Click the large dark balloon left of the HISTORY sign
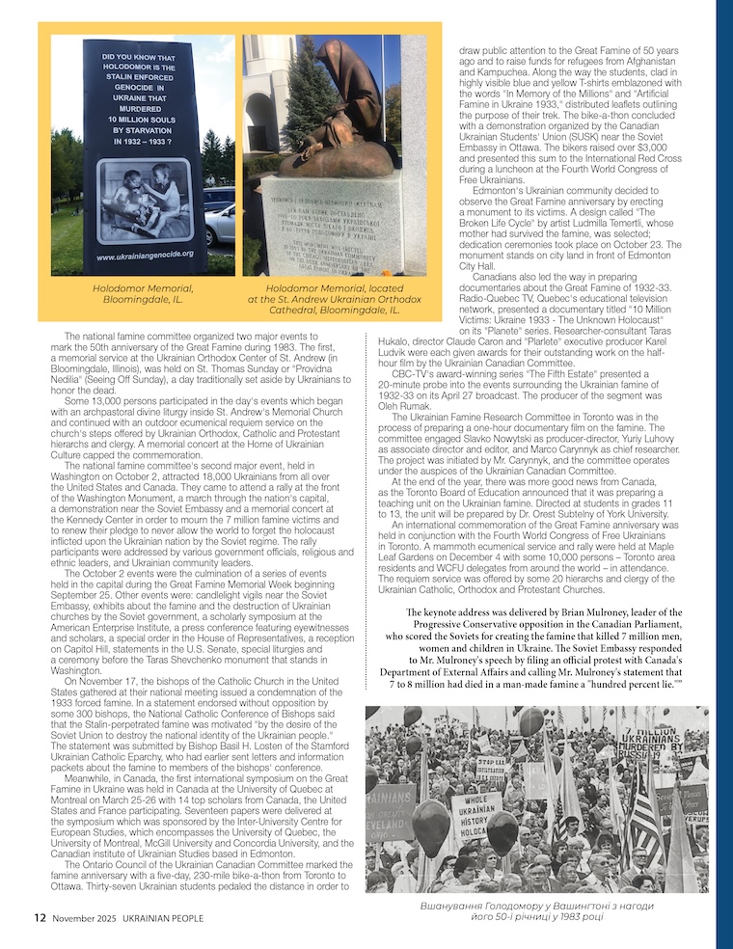pos(431,827)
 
